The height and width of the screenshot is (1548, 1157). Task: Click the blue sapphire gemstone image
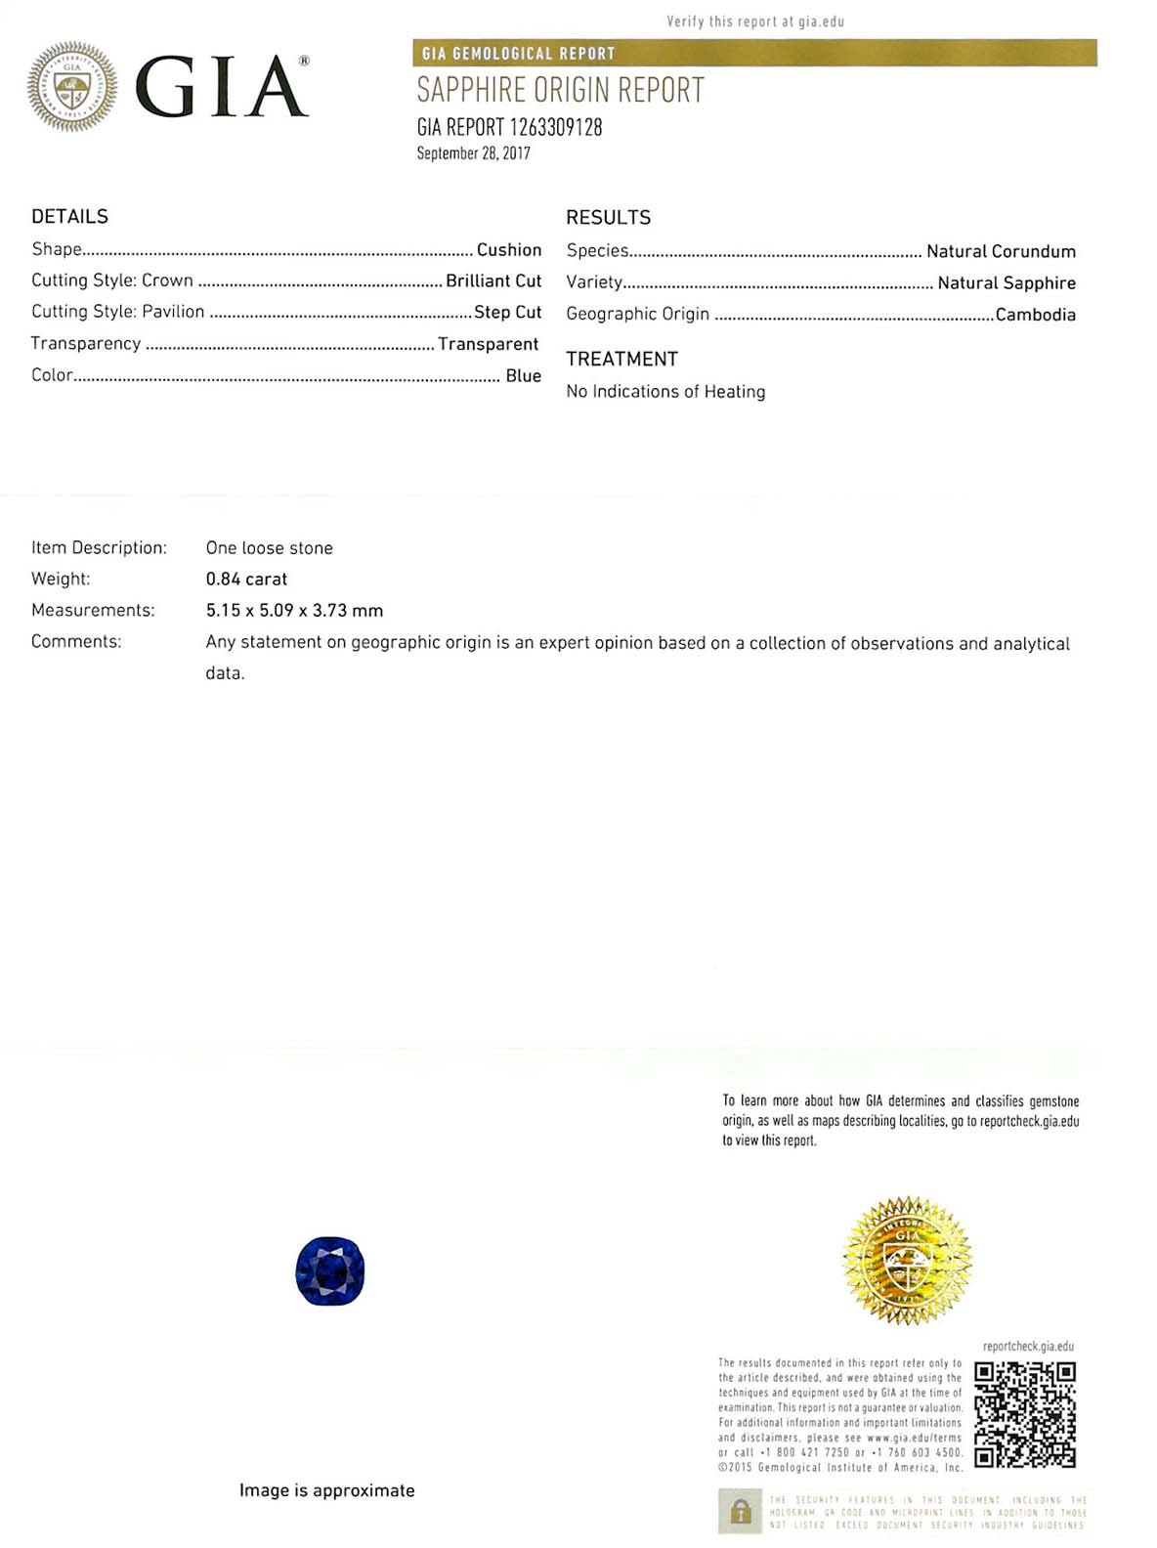pos(330,1270)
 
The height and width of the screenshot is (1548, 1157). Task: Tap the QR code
pos(1025,1414)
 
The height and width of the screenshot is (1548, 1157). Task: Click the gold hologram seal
pos(907,1260)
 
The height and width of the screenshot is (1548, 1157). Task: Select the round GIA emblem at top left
pos(72,87)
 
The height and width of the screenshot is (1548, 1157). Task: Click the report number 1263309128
pos(555,127)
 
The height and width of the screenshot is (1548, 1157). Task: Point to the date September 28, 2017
pos(473,153)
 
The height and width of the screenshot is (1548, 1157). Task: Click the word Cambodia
pos(1035,315)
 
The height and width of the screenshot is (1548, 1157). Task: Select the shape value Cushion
pos(508,250)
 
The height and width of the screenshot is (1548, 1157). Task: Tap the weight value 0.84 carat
pos(246,579)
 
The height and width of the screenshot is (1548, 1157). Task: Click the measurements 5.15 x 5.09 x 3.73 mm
pos(294,610)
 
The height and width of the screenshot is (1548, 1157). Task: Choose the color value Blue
pos(523,375)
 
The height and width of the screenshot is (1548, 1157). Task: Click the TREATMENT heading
pos(621,359)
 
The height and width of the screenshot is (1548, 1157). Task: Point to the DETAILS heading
pos(69,216)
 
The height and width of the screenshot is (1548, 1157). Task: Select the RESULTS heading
pos(608,217)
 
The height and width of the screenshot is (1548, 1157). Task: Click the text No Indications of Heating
pos(665,391)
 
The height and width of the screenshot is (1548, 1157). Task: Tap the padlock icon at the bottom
pos(741,1512)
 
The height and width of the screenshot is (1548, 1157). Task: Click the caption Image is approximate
pos(326,1490)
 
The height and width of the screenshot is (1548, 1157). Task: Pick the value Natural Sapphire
pos(1007,282)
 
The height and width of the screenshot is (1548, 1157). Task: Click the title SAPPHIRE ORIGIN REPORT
pos(560,90)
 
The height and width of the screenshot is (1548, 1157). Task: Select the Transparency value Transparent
pos(488,344)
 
